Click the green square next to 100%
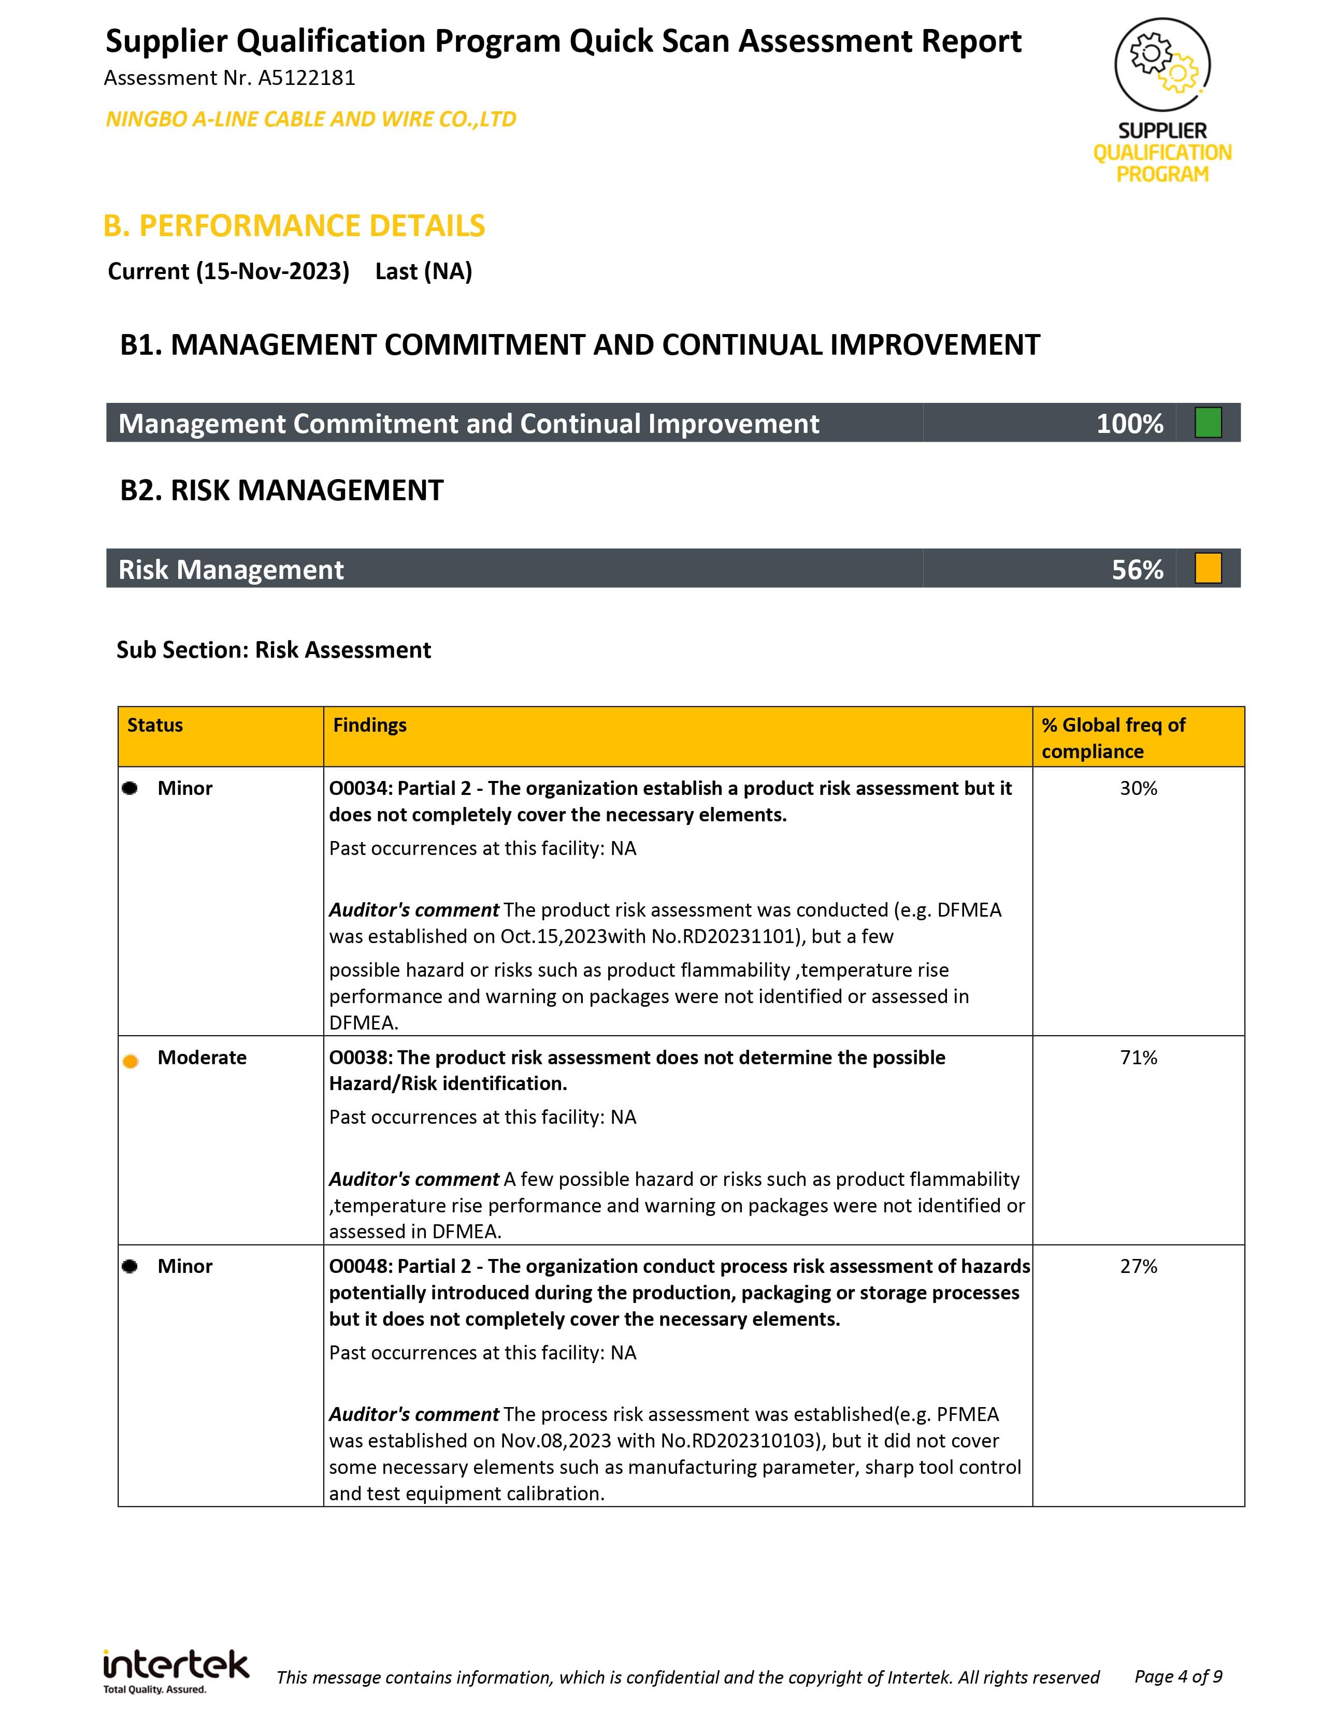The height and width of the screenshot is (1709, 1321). click(x=1208, y=423)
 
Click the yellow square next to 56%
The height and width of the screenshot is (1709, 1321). click(x=1208, y=568)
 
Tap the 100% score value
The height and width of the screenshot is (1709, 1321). click(x=1129, y=423)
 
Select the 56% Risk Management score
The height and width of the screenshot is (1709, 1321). click(x=1137, y=569)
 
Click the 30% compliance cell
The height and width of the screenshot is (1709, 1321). click(x=1138, y=788)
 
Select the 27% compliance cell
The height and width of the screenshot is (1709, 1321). click(x=1138, y=1266)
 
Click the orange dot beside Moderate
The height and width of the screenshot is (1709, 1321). click(x=131, y=1061)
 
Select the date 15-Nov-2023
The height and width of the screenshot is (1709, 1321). click(x=272, y=271)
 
